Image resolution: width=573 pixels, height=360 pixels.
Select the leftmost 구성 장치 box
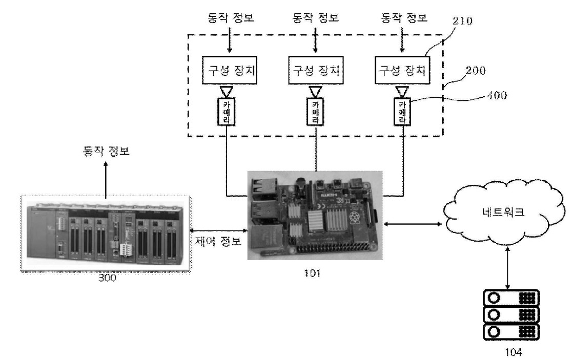[229, 70]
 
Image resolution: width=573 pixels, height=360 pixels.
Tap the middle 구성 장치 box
[315, 70]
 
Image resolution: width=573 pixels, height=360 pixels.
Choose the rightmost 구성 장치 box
[402, 70]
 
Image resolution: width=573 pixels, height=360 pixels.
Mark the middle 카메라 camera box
[315, 111]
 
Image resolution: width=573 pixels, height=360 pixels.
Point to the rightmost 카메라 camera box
[402, 111]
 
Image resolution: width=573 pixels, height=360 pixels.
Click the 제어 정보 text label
[219, 241]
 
